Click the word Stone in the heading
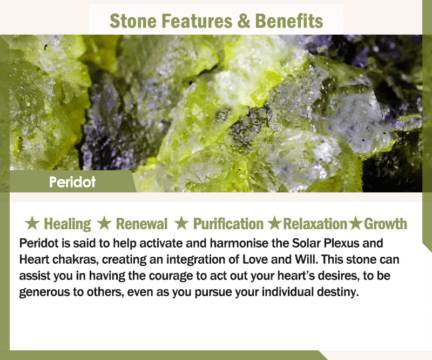pos(133,21)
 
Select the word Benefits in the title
pos(289,21)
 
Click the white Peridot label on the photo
pos(72,182)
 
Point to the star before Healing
pos(32,223)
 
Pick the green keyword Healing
pos(67,224)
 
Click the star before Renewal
pos(104,223)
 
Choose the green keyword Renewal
pos(141,224)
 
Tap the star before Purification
pos(181,223)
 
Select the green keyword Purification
pos(228,224)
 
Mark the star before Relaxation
pos(275,223)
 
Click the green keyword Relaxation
pos(315,224)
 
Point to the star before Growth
pos(355,223)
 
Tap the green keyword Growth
pos(386,224)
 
